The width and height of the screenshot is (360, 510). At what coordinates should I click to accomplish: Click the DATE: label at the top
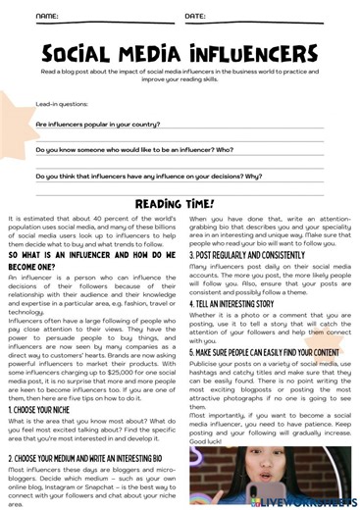click(195, 18)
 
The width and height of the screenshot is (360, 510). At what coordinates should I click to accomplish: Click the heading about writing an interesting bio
click(93, 458)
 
